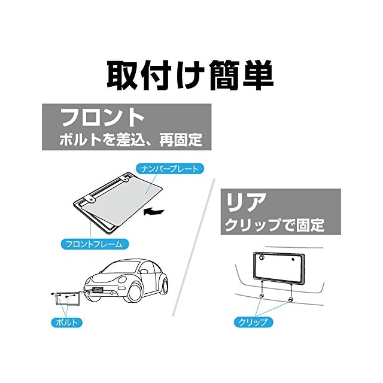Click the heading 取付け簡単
click(x=190, y=74)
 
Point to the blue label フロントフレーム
click(x=95, y=244)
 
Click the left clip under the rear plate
click(x=262, y=296)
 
